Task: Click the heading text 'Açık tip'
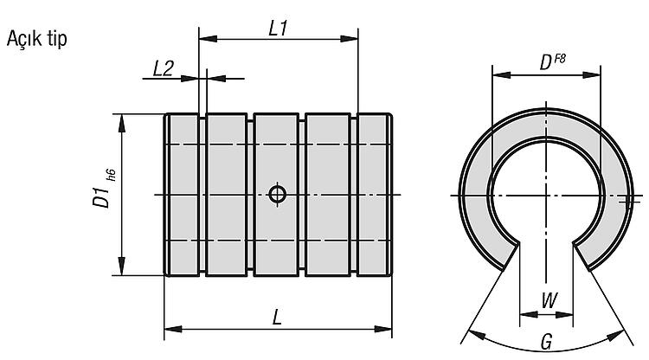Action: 37,39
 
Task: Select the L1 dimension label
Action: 278,29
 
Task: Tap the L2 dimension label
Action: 163,68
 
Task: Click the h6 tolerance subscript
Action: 112,176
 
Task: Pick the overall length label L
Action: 277,318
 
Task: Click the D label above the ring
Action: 546,63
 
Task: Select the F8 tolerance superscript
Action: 559,58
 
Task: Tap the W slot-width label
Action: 549,300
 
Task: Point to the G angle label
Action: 546,342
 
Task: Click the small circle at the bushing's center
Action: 277,194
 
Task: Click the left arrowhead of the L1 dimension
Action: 208,39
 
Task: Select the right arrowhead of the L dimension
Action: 382,330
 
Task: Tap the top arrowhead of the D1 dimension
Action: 122,123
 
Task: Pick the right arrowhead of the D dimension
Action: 592,75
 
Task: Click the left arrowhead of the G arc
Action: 476,334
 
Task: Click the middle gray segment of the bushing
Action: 277,195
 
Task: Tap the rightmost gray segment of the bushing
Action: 374,195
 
